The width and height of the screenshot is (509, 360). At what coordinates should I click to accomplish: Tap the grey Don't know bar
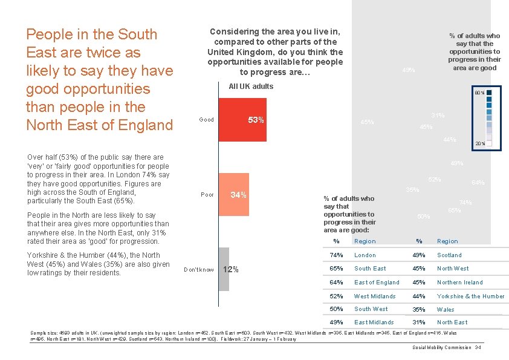224,269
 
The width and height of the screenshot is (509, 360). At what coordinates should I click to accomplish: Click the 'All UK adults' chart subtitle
251,87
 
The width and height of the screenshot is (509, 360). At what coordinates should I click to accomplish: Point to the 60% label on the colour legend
478,93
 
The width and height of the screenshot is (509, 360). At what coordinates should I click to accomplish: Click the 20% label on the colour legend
479,143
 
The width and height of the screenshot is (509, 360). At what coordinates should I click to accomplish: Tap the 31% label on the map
438,116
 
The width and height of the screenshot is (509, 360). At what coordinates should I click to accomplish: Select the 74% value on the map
465,203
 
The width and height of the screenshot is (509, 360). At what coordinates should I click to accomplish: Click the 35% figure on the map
412,189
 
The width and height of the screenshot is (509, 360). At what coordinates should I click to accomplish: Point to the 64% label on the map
478,182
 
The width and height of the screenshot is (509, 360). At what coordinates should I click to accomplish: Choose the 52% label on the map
434,179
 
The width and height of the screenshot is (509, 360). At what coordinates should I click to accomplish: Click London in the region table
365,255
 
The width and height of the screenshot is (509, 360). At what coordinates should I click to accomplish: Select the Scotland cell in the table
449,255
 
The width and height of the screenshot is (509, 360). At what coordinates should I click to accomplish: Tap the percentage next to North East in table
419,322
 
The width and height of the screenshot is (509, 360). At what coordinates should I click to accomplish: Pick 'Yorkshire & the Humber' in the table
470,296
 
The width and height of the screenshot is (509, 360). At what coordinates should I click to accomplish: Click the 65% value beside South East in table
336,269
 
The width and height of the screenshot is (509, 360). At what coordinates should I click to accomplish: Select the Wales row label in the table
446,310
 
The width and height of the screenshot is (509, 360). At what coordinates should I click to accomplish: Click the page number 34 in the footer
478,347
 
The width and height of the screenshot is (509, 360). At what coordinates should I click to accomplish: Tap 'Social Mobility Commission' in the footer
442,347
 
